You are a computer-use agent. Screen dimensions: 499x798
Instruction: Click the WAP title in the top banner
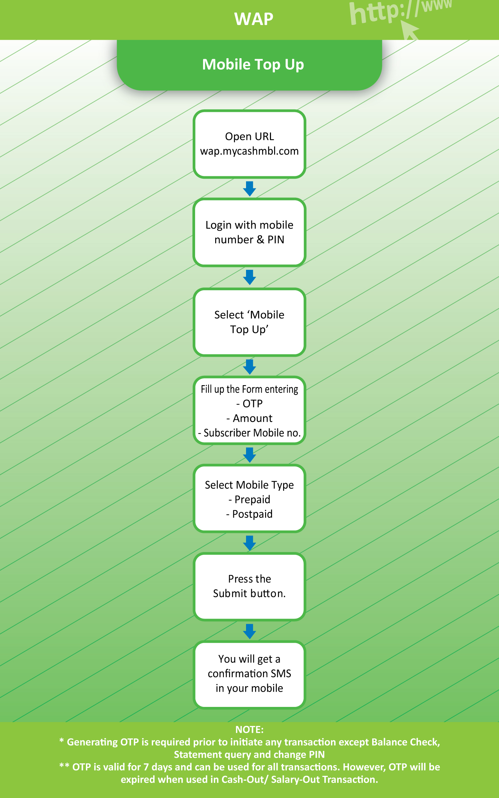(x=254, y=19)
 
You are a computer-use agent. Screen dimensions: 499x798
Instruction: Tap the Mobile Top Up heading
(x=253, y=65)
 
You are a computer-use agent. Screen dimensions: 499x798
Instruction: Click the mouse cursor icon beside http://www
(x=410, y=30)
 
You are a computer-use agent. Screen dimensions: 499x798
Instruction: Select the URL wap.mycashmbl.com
(x=249, y=151)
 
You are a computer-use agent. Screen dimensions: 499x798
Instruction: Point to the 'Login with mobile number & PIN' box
(x=249, y=232)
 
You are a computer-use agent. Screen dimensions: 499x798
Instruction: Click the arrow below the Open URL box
(x=249, y=189)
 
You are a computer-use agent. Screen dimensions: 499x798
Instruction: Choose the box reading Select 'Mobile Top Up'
(x=249, y=322)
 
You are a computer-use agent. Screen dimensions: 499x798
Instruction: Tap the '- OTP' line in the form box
(x=249, y=404)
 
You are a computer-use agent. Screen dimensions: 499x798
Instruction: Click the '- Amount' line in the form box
(x=249, y=418)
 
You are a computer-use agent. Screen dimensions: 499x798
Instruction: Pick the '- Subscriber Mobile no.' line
(x=249, y=433)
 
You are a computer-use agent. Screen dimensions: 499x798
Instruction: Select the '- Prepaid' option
(x=249, y=499)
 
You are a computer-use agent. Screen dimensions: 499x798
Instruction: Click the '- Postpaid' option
(x=249, y=514)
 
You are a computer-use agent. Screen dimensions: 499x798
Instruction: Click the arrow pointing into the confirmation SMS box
(x=249, y=632)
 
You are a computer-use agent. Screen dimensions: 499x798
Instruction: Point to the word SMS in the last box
(x=281, y=674)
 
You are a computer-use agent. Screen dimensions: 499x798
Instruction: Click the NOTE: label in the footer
(x=249, y=730)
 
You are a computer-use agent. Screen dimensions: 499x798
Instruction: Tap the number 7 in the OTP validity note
(x=146, y=767)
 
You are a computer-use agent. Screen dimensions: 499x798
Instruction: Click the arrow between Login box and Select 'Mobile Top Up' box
(x=249, y=277)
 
